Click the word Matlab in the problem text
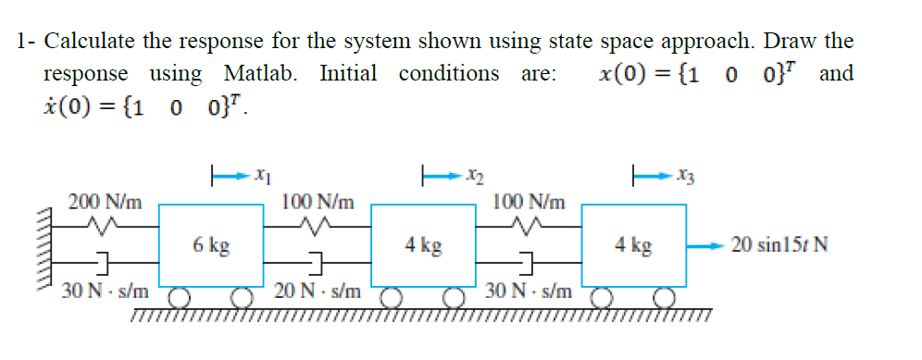pos(260,72)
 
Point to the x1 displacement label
pos(261,174)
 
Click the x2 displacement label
pos(472,174)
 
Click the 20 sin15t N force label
pos(779,245)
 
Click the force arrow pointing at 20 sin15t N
pos(706,245)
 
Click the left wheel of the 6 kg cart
pos(179,299)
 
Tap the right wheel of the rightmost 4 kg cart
pos(665,299)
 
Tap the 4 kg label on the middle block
pos(423,245)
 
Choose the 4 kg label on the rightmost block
pos(633,245)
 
